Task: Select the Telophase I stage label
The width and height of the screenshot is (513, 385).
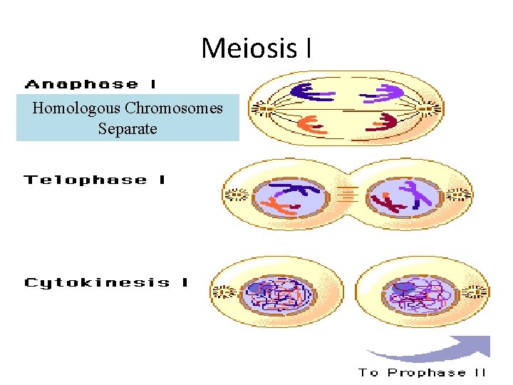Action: click(95, 180)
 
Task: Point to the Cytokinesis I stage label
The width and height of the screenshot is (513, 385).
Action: click(106, 282)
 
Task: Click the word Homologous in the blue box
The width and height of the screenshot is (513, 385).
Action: click(76, 109)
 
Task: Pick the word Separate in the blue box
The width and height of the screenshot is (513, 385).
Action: click(128, 130)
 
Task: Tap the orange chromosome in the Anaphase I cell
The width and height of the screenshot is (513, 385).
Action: click(311, 124)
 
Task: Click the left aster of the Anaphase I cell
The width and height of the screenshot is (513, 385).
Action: click(263, 109)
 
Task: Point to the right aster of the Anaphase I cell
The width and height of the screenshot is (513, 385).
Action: click(429, 109)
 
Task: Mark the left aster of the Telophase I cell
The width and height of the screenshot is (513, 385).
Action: click(234, 194)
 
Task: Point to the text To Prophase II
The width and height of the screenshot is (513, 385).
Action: click(422, 372)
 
